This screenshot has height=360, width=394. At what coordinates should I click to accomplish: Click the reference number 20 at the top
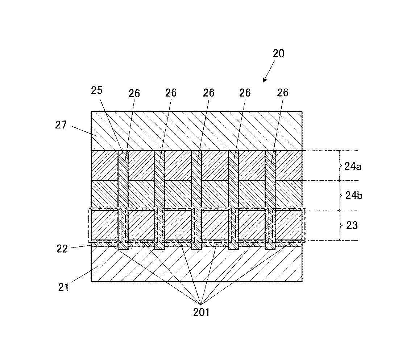[278, 54]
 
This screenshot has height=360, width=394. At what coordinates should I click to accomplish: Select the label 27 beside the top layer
[61, 125]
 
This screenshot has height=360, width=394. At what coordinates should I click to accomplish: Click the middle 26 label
[208, 93]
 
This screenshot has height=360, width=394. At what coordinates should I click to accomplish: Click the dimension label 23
[352, 225]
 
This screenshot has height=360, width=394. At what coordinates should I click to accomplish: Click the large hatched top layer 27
[196, 131]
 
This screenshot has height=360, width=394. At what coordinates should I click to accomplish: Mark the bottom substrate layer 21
[196, 267]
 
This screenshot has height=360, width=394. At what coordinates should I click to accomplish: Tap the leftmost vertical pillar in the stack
[123, 200]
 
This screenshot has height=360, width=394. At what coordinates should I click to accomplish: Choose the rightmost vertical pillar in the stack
[270, 200]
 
